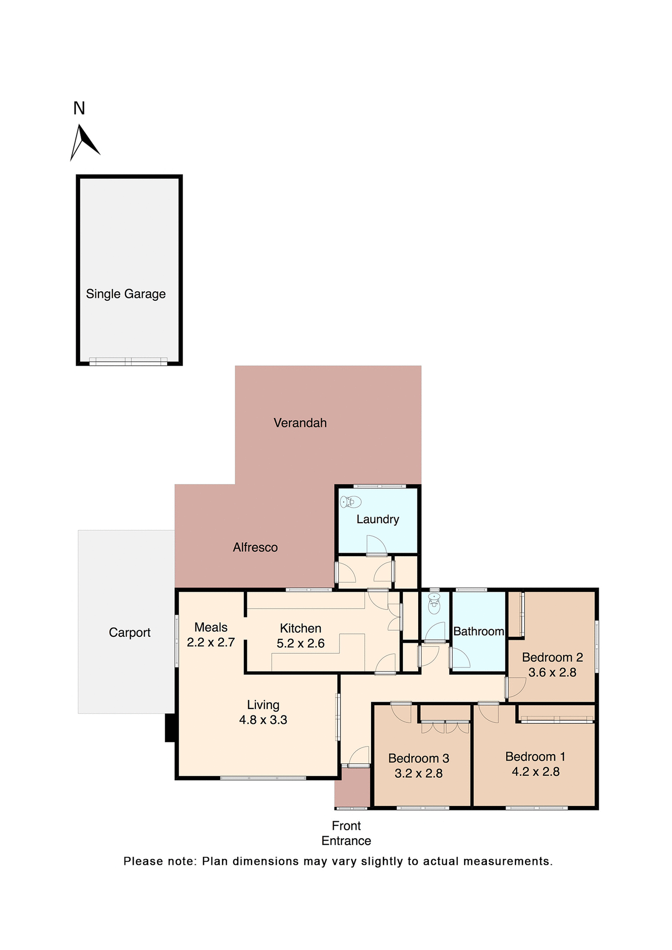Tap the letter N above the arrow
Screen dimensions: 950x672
79,108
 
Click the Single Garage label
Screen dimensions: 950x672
126,294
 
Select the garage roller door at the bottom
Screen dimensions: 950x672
128,362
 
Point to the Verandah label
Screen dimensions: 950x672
300,423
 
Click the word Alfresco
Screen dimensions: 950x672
255,547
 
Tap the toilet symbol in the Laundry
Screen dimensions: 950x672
351,502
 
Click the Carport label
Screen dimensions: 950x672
130,632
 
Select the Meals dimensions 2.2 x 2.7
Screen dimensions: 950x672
211,642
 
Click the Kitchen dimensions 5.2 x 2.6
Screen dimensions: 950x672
300,643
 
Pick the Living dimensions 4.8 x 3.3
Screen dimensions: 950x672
263,719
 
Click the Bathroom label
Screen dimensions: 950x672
479,631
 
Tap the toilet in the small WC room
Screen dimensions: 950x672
434,604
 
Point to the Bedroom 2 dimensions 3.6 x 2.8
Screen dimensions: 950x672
552,672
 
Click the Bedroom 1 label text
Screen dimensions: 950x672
535,757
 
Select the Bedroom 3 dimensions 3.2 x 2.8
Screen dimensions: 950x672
419,773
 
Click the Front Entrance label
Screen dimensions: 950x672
346,833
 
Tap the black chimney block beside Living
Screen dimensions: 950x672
170,727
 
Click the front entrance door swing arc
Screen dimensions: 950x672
359,756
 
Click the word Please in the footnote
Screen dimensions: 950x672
143,861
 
